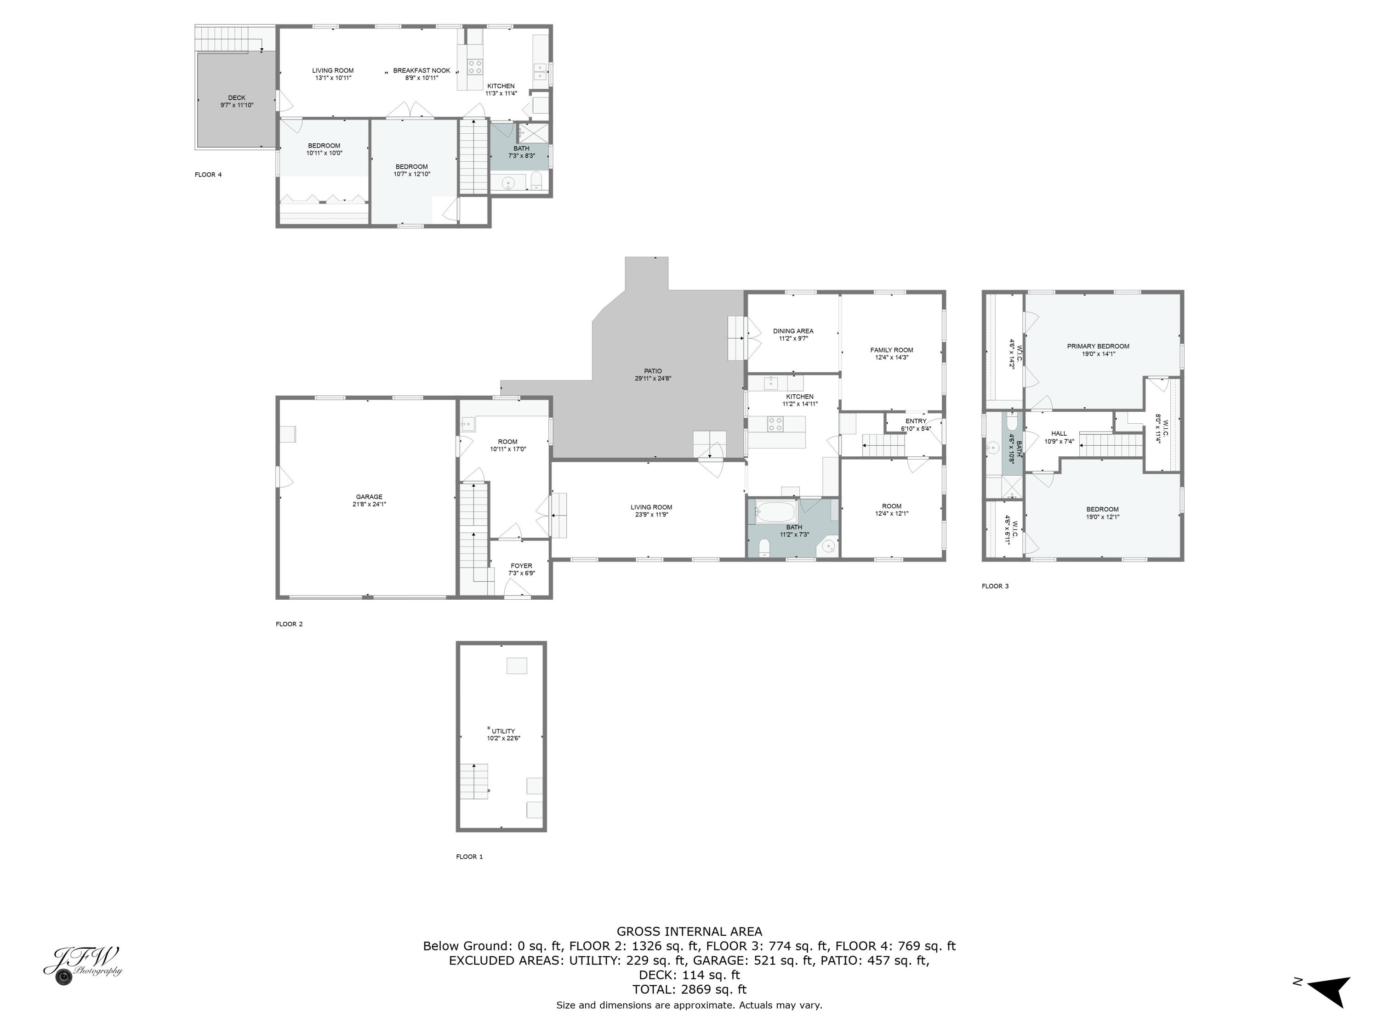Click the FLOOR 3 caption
[x=995, y=586]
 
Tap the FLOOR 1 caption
[x=469, y=856]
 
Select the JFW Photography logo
[x=83, y=965]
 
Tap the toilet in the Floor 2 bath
[x=765, y=548]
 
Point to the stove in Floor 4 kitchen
[x=475, y=67]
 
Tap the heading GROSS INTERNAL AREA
[x=689, y=931]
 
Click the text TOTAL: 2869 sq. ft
[x=689, y=989]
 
